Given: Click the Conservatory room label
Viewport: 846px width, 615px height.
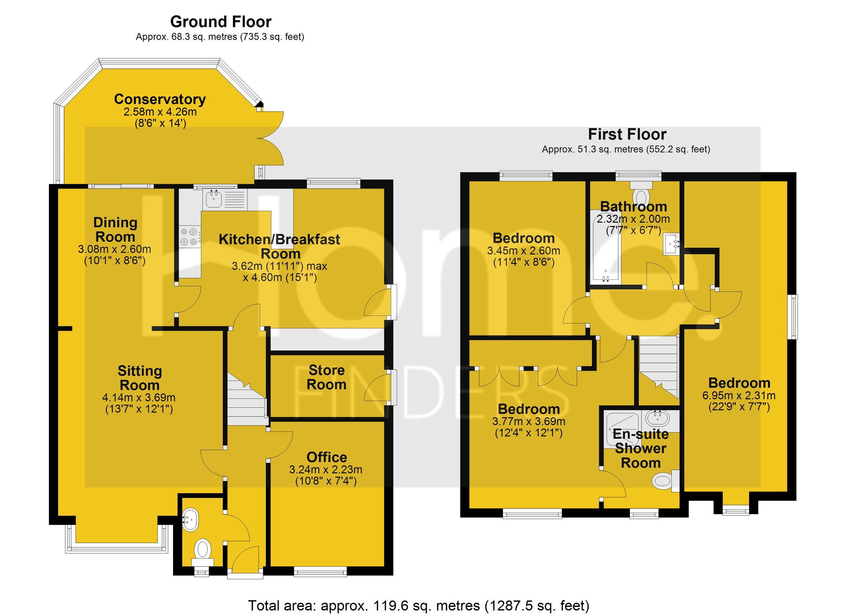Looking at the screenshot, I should pyautogui.click(x=160, y=99).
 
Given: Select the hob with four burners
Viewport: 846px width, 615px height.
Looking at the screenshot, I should pyautogui.click(x=190, y=236).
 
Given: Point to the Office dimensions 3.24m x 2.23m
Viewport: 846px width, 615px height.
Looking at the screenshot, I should pyautogui.click(x=326, y=469).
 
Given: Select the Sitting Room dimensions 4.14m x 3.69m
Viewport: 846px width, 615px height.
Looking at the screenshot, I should pyautogui.click(x=139, y=398).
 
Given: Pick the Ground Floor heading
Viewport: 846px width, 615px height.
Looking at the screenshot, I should pyautogui.click(x=220, y=22).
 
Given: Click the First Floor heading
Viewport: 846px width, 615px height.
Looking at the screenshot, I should pyautogui.click(x=627, y=134).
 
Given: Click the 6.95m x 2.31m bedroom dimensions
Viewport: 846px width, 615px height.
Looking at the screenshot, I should pyautogui.click(x=739, y=395).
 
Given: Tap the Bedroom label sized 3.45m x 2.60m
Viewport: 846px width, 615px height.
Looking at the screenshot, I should pyautogui.click(x=523, y=238).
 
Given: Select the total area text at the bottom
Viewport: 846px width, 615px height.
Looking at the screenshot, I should pyautogui.click(x=418, y=605).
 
